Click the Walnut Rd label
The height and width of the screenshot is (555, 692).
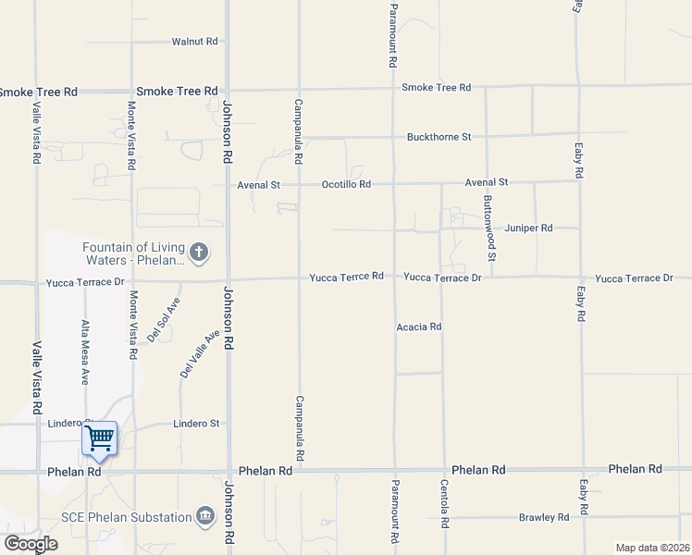(194, 42)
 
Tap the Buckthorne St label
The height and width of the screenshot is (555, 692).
(439, 137)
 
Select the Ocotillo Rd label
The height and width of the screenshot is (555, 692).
(346, 184)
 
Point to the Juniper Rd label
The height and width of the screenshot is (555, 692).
(528, 228)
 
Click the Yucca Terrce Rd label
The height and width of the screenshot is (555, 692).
(346, 277)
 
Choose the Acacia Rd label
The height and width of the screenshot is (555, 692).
(418, 327)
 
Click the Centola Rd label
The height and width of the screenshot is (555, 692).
(444, 503)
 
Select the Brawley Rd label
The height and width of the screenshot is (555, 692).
(543, 517)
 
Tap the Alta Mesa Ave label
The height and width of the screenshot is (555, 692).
(85, 352)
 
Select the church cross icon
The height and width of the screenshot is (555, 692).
(198, 252)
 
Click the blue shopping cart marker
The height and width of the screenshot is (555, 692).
(99, 438)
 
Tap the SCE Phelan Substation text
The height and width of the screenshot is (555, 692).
(124, 516)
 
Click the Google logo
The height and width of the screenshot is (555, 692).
(30, 543)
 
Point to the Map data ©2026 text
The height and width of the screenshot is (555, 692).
(651, 548)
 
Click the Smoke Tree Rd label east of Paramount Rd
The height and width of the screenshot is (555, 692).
(436, 88)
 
